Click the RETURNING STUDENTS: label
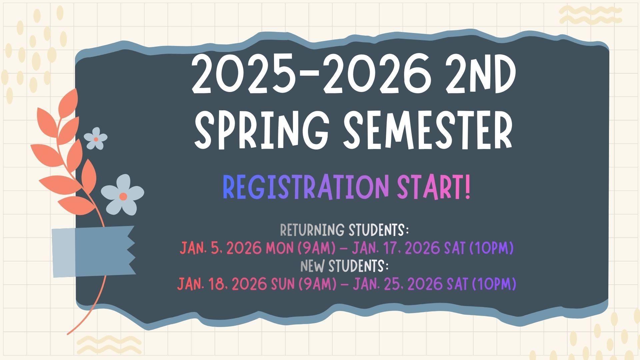[344, 230]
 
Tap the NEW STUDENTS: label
[345, 266]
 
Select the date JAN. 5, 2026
[221, 248]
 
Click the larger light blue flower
[123, 195]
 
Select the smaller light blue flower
[96, 138]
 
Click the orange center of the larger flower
[123, 196]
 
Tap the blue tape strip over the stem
[94, 251]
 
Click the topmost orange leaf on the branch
[69, 102]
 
